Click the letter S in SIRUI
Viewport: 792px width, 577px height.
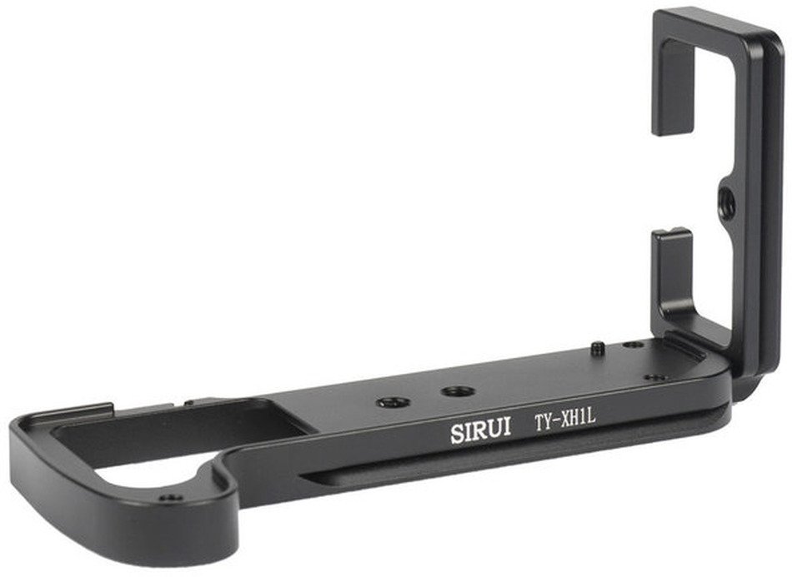[456, 433]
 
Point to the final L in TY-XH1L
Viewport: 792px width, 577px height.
[592, 415]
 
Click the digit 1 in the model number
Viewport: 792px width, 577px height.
[583, 416]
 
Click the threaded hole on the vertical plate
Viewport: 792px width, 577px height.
[725, 194]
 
